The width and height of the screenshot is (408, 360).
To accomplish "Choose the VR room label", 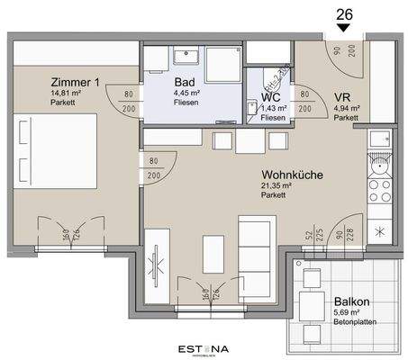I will point(342,96).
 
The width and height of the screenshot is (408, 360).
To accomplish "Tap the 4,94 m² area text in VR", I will point(346,108).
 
